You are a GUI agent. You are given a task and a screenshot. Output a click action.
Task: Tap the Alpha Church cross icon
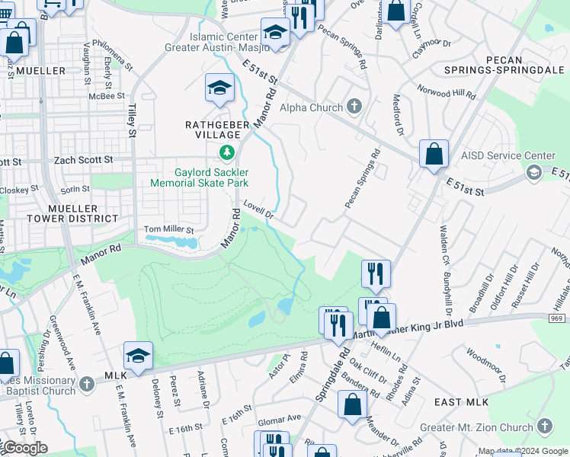coord(354,106)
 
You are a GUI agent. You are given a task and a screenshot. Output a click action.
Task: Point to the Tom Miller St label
coord(169,229)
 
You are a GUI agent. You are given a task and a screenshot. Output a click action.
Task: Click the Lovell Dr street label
coord(258,209)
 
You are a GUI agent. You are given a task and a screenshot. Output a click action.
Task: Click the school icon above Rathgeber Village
coord(219,88)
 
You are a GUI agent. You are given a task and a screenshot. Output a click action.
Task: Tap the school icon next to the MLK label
coord(138,356)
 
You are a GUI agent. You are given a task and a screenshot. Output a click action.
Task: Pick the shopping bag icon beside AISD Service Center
coord(433,154)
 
